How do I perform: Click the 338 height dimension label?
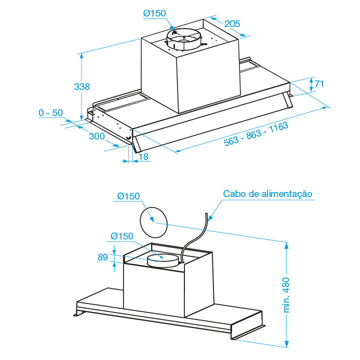coord(81,87)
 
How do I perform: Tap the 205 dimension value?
coord(232,23)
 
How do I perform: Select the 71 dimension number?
coord(319,83)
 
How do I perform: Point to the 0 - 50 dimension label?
coord(51,113)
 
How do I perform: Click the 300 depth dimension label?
coord(97,136)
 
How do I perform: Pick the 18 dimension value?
coord(143,157)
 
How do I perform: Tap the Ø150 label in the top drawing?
coord(154,13)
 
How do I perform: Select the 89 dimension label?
coord(103,257)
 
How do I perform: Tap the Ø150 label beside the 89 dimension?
coord(122,236)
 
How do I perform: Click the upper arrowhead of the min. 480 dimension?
coord(287,245)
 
